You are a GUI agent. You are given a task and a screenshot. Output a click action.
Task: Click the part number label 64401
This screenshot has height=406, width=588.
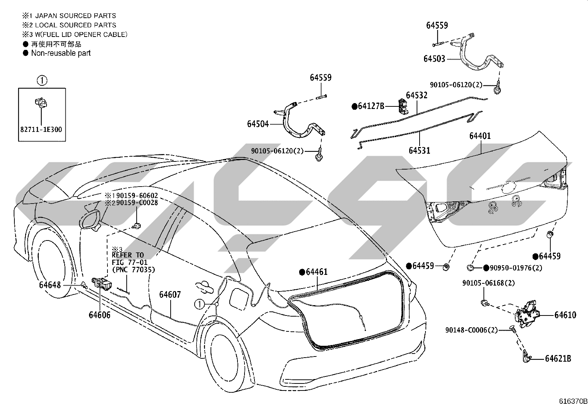coord(480,136)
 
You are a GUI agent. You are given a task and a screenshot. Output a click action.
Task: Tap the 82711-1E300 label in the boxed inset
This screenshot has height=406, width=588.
coord(41,129)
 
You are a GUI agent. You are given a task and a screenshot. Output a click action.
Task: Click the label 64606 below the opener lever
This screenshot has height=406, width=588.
coord(99,315)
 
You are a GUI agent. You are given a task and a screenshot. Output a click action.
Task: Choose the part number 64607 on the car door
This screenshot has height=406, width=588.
coord(170,295)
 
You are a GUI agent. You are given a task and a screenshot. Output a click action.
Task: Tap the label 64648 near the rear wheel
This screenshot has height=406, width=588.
coord(50,285)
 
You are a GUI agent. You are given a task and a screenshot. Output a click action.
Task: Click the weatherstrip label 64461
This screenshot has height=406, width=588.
coord(317,272)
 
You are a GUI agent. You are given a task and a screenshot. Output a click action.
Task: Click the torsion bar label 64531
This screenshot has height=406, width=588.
coord(420,150)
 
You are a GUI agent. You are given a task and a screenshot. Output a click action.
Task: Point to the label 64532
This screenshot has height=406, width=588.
coord(417,95)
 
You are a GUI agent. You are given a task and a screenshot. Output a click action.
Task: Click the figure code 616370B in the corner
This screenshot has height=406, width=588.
coord(573,401)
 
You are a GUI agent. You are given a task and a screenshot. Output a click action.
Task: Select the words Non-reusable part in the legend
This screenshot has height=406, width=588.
coord(61,53)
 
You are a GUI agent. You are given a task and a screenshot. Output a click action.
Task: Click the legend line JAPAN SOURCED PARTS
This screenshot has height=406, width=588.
coord(76,16)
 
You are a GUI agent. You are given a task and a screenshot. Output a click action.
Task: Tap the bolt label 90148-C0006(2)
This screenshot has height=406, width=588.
coord(471,330)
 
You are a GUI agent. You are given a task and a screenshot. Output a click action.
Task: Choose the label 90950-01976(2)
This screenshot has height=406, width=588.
coord(516,268)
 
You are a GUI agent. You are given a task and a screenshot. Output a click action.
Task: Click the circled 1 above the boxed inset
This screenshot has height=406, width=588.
coord(42,81)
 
